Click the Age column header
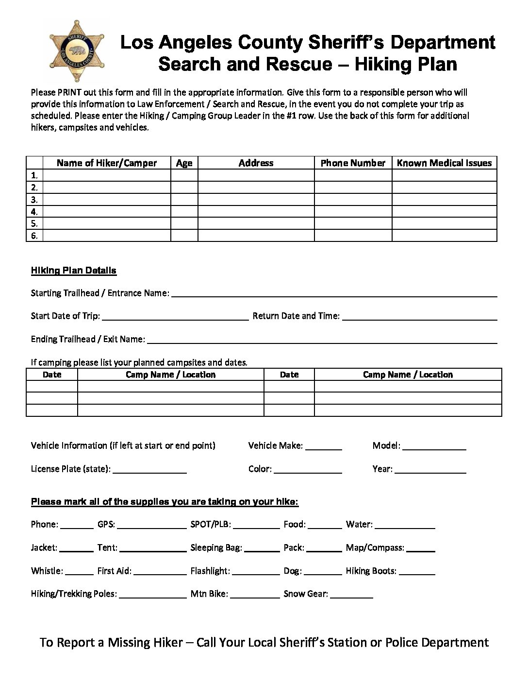click(x=184, y=163)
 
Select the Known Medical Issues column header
click(x=444, y=163)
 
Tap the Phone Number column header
click(x=353, y=163)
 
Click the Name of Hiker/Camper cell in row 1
click(x=107, y=175)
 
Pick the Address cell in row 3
click(x=256, y=200)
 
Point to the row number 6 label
click(x=34, y=236)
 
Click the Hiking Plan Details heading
click(x=74, y=271)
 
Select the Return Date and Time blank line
click(x=419, y=316)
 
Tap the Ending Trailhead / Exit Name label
click(x=88, y=339)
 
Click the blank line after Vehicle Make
click(x=324, y=446)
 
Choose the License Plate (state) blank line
click(x=149, y=469)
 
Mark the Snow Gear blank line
click(x=351, y=594)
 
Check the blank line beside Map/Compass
click(x=421, y=548)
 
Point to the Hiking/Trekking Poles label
click(x=74, y=594)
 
